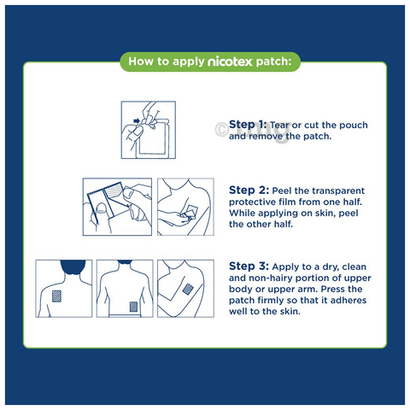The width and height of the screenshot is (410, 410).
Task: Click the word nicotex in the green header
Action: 230,61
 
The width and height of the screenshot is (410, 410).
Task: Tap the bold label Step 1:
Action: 248,125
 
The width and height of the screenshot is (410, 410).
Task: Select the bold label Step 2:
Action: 249,190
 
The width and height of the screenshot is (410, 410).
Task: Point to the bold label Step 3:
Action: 249,266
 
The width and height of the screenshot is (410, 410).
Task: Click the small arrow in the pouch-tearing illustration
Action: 137,121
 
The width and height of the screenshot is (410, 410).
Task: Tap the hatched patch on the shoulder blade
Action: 56,296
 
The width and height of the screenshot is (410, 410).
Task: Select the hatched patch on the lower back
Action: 133,307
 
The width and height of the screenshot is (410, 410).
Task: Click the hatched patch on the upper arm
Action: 188,289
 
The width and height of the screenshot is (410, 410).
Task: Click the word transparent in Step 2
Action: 339,190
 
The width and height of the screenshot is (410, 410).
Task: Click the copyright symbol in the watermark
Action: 221,130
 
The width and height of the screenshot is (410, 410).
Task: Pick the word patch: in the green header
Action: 273,61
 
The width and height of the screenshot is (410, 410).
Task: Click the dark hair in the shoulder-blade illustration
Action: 73,266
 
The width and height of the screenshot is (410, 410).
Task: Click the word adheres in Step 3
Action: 348,301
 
